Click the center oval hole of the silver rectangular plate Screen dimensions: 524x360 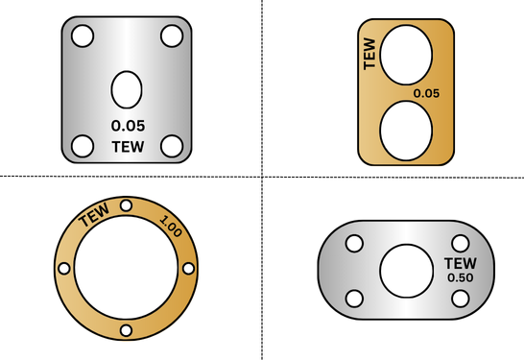(127, 89)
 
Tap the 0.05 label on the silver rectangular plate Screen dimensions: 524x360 (128, 126)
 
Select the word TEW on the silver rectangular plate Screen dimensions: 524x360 (128, 147)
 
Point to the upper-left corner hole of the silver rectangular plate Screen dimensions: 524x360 (83, 36)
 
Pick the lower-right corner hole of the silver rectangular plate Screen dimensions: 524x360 (172, 146)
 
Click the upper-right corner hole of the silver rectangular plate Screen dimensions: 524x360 (172, 36)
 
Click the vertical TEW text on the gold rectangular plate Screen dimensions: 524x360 (369, 54)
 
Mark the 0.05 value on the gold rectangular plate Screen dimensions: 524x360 (426, 93)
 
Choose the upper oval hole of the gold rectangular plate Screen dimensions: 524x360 (406, 55)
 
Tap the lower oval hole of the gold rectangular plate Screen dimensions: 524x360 (406, 131)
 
